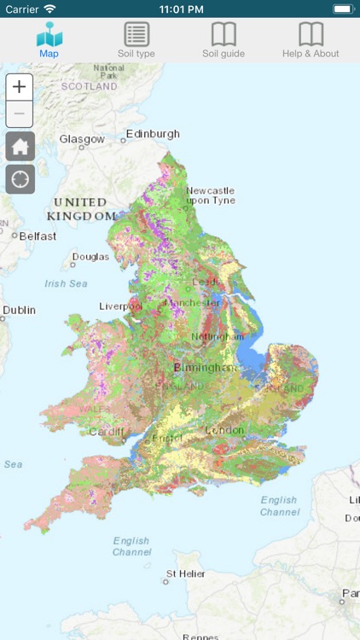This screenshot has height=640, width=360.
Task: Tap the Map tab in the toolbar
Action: pos(49,40)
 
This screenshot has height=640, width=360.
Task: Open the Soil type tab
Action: pos(136,40)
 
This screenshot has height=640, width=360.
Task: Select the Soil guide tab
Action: pos(224,40)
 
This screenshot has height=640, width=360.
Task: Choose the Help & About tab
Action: pos(311,40)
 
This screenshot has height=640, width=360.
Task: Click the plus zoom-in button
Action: pos(20,87)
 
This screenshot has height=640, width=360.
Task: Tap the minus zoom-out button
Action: pos(20,114)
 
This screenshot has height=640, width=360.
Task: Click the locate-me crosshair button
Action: pos(20,179)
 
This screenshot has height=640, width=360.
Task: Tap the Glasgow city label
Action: pos(82,139)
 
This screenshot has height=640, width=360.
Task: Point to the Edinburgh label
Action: pos(153,134)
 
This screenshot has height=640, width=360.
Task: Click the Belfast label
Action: pos(38,236)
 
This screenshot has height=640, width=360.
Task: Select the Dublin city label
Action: pos(19,311)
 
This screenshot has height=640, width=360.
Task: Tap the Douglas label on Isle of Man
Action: pos(90,257)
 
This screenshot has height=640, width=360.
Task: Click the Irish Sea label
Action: pos(66,283)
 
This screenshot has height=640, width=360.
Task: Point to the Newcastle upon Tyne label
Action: pos(210,195)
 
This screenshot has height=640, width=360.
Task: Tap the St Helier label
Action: pos(185,573)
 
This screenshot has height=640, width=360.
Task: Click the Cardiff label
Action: pos(106,431)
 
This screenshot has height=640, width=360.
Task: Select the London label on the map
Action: pos(224,430)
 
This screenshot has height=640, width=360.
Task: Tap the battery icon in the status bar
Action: pos(342,9)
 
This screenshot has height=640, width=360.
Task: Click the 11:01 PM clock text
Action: pos(179,9)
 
